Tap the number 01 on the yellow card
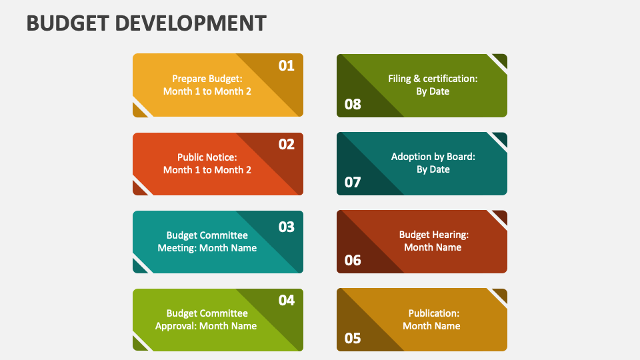click(286, 65)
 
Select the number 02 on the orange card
click(286, 144)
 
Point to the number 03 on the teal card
click(286, 227)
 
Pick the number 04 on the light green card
click(286, 301)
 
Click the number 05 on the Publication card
click(353, 339)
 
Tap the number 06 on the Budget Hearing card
click(353, 260)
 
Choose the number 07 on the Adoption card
click(353, 182)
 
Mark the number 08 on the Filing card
click(353, 104)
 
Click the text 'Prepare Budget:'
click(207, 78)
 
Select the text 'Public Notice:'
click(207, 157)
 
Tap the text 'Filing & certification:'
click(433, 79)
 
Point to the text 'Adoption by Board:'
click(433, 157)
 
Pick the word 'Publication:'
click(433, 313)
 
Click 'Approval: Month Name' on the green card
click(206, 326)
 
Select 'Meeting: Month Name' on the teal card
click(207, 248)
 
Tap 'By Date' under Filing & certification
click(433, 91)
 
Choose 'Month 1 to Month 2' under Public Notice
click(207, 170)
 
